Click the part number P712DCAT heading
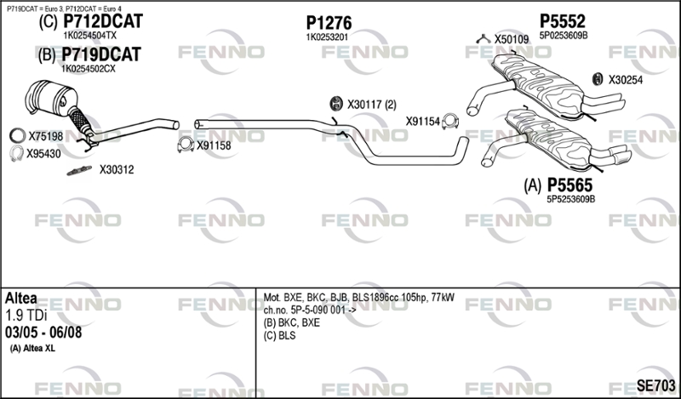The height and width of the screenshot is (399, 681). [103, 21]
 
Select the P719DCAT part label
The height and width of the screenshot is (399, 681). [101, 54]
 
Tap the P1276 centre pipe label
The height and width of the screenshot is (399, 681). [329, 23]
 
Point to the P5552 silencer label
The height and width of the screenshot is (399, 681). [563, 21]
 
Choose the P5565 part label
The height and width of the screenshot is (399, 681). [569, 185]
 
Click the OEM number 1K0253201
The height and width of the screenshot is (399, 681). [327, 37]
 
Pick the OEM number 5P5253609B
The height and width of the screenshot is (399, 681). [570, 199]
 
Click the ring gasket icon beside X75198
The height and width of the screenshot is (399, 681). [17, 136]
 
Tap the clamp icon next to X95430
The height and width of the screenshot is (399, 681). [16, 153]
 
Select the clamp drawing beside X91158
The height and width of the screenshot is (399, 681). [186, 145]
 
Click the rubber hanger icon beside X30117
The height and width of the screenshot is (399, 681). [336, 103]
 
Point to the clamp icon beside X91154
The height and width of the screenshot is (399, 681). [450, 122]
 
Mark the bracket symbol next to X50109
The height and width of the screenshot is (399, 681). [484, 39]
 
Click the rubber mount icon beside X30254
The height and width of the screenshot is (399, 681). [598, 79]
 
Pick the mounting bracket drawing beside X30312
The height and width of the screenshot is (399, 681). [79, 171]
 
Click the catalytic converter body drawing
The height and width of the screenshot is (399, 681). [51, 98]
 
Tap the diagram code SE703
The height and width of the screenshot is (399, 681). [655, 385]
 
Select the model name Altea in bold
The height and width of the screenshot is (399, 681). [20, 299]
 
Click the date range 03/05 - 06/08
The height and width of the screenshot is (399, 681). [43, 333]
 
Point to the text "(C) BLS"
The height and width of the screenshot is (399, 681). [279, 335]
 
